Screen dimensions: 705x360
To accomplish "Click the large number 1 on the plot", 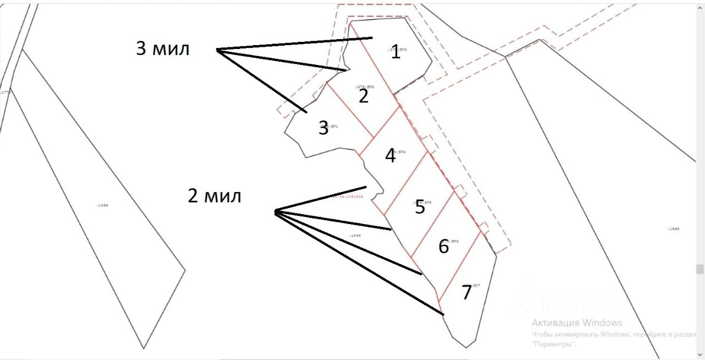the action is pos(395,53).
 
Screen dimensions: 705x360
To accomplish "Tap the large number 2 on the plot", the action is pos(364,96).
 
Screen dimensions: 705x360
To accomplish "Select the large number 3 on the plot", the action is pos(324,128).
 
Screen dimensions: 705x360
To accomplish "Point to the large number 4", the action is pos(390,156).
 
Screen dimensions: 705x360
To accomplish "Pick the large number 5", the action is pos(420,208).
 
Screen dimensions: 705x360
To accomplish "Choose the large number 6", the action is pos(443,247).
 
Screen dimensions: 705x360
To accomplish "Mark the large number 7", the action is pos(467,293).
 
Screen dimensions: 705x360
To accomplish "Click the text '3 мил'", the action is pos(162,48).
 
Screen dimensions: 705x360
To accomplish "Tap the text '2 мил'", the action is pos(214,195).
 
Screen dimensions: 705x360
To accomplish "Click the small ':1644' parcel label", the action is pos(102,205).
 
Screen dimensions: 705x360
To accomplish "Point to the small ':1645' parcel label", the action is pos(673,228).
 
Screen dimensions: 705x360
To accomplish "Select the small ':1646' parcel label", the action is pos(355,236).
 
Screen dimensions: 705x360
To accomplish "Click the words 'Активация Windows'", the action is pos(577,323).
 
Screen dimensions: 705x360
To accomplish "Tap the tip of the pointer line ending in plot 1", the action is pos(372,38).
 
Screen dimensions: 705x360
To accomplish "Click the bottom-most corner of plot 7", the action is pos(466,347).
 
